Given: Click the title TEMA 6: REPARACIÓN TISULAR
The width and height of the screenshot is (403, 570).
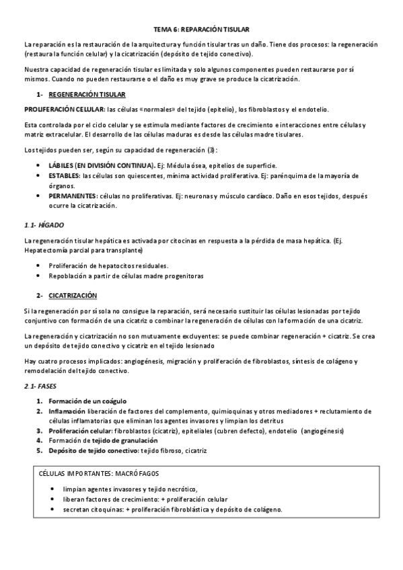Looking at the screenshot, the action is point(201,30).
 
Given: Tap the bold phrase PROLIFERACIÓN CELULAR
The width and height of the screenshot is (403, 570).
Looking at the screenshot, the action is point(64,109).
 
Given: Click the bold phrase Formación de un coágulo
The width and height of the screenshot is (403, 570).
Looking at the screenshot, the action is point(87,401).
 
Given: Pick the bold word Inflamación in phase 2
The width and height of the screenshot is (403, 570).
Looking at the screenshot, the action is point(67,411).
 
